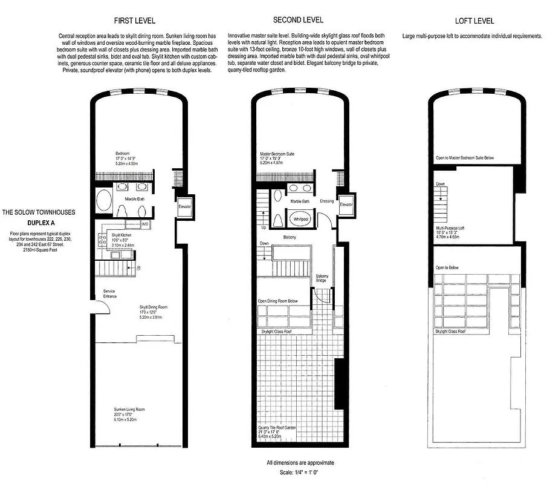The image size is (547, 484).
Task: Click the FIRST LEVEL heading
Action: click(x=134, y=21)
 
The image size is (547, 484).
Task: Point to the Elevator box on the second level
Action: click(x=346, y=204)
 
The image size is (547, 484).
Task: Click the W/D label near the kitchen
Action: click(x=144, y=224)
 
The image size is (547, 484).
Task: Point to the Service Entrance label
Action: click(x=109, y=293)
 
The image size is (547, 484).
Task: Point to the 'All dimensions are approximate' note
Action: click(x=300, y=463)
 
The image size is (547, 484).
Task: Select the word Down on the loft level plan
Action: click(x=440, y=184)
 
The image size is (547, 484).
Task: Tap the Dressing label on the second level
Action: click(x=326, y=201)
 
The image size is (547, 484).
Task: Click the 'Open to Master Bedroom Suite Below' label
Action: click(x=464, y=157)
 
